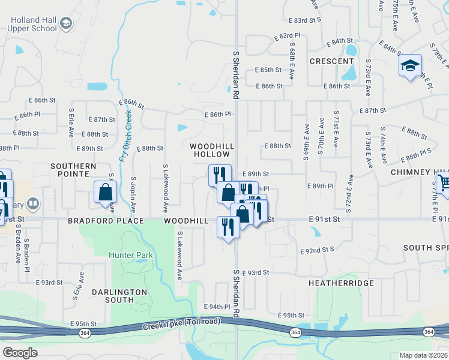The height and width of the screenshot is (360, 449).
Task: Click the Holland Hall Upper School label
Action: coord(33,24)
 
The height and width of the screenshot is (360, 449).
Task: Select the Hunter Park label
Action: coord(131,255)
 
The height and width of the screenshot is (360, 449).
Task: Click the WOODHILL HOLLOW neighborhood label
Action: coord(210,150)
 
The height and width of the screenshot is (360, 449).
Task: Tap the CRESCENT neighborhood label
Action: coord(331,61)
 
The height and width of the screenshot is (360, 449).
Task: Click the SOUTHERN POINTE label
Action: coord(73,170)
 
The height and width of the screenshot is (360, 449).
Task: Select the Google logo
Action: coord(20,352)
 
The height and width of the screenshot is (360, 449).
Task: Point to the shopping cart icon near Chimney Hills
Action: coord(443,182)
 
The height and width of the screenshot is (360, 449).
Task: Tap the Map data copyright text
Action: coord(423,355)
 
